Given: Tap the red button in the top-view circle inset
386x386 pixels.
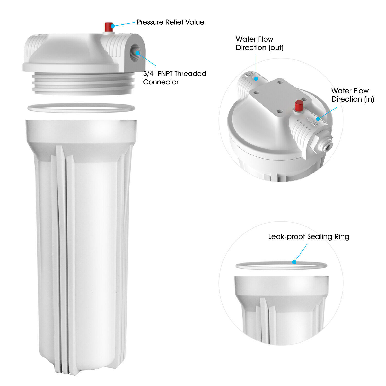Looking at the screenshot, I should [x=299, y=106].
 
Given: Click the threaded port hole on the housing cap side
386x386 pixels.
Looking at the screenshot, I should [x=135, y=53].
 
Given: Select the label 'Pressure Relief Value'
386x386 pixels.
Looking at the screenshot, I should [x=170, y=22].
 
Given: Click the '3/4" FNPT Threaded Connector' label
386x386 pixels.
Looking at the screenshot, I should [x=174, y=78].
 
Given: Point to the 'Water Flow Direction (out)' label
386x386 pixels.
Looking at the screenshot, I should [x=259, y=43].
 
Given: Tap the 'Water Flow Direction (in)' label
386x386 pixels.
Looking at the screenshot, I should [x=352, y=95].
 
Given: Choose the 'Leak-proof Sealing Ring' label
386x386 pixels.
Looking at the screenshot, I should [x=309, y=236].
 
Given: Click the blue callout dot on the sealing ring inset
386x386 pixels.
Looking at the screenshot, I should [x=294, y=262].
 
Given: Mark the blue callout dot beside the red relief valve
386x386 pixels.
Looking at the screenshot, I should [x=113, y=25].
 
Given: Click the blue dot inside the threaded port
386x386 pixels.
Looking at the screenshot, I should [x=138, y=53].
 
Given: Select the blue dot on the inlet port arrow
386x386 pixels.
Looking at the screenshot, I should [x=318, y=119].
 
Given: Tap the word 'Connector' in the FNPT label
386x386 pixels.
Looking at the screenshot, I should [x=161, y=82].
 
